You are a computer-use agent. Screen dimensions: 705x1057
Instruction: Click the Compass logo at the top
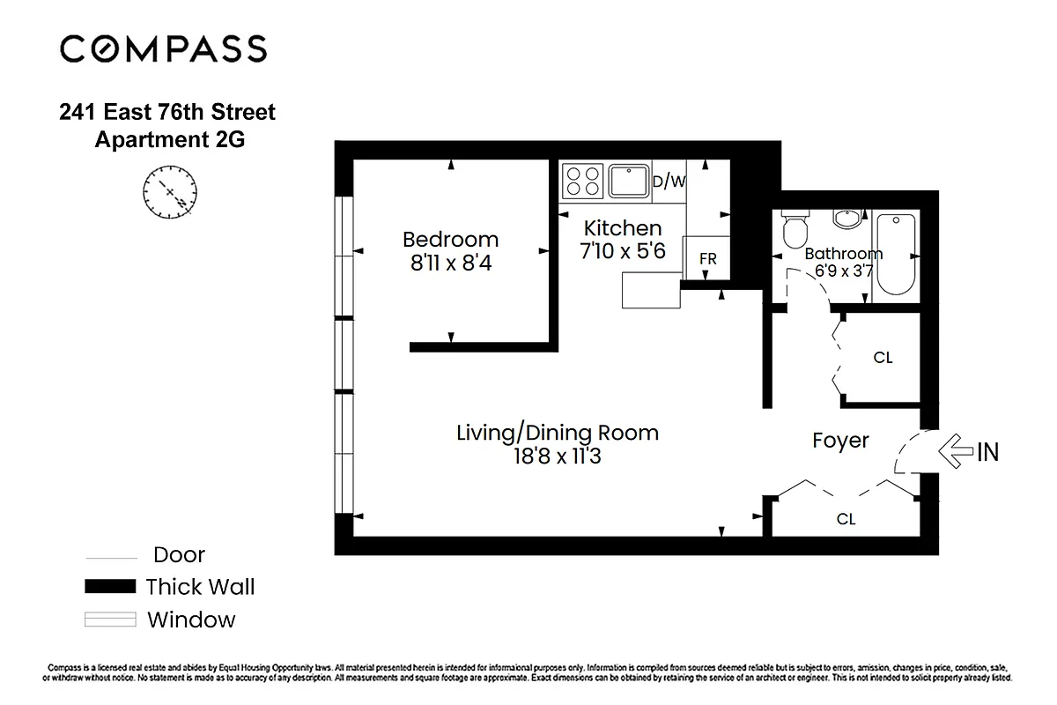coord(163,48)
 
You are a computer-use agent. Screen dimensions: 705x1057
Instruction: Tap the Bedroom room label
coord(450,239)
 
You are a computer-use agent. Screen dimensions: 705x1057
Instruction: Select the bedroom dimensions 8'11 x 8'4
coord(450,262)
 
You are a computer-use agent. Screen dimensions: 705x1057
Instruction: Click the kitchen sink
coord(628,182)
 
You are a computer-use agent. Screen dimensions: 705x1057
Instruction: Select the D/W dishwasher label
coord(669,182)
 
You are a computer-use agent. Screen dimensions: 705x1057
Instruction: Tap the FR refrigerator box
coord(706,258)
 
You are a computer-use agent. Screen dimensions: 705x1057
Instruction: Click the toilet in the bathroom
coord(795,232)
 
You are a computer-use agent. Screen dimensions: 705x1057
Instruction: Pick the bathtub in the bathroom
coord(895,254)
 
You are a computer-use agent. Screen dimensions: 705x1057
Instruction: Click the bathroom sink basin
coord(848,219)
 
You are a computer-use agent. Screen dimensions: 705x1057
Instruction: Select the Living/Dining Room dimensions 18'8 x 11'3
coord(557,456)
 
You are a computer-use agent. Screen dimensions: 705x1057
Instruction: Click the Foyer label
coord(840,441)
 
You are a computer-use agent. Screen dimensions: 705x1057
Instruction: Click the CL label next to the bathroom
coord(883,358)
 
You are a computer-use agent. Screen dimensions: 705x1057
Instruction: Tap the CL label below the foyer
coord(846,519)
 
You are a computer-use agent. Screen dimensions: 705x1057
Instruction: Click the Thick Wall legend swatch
coord(110,586)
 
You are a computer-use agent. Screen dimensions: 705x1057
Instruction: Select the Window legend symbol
coord(110,620)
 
